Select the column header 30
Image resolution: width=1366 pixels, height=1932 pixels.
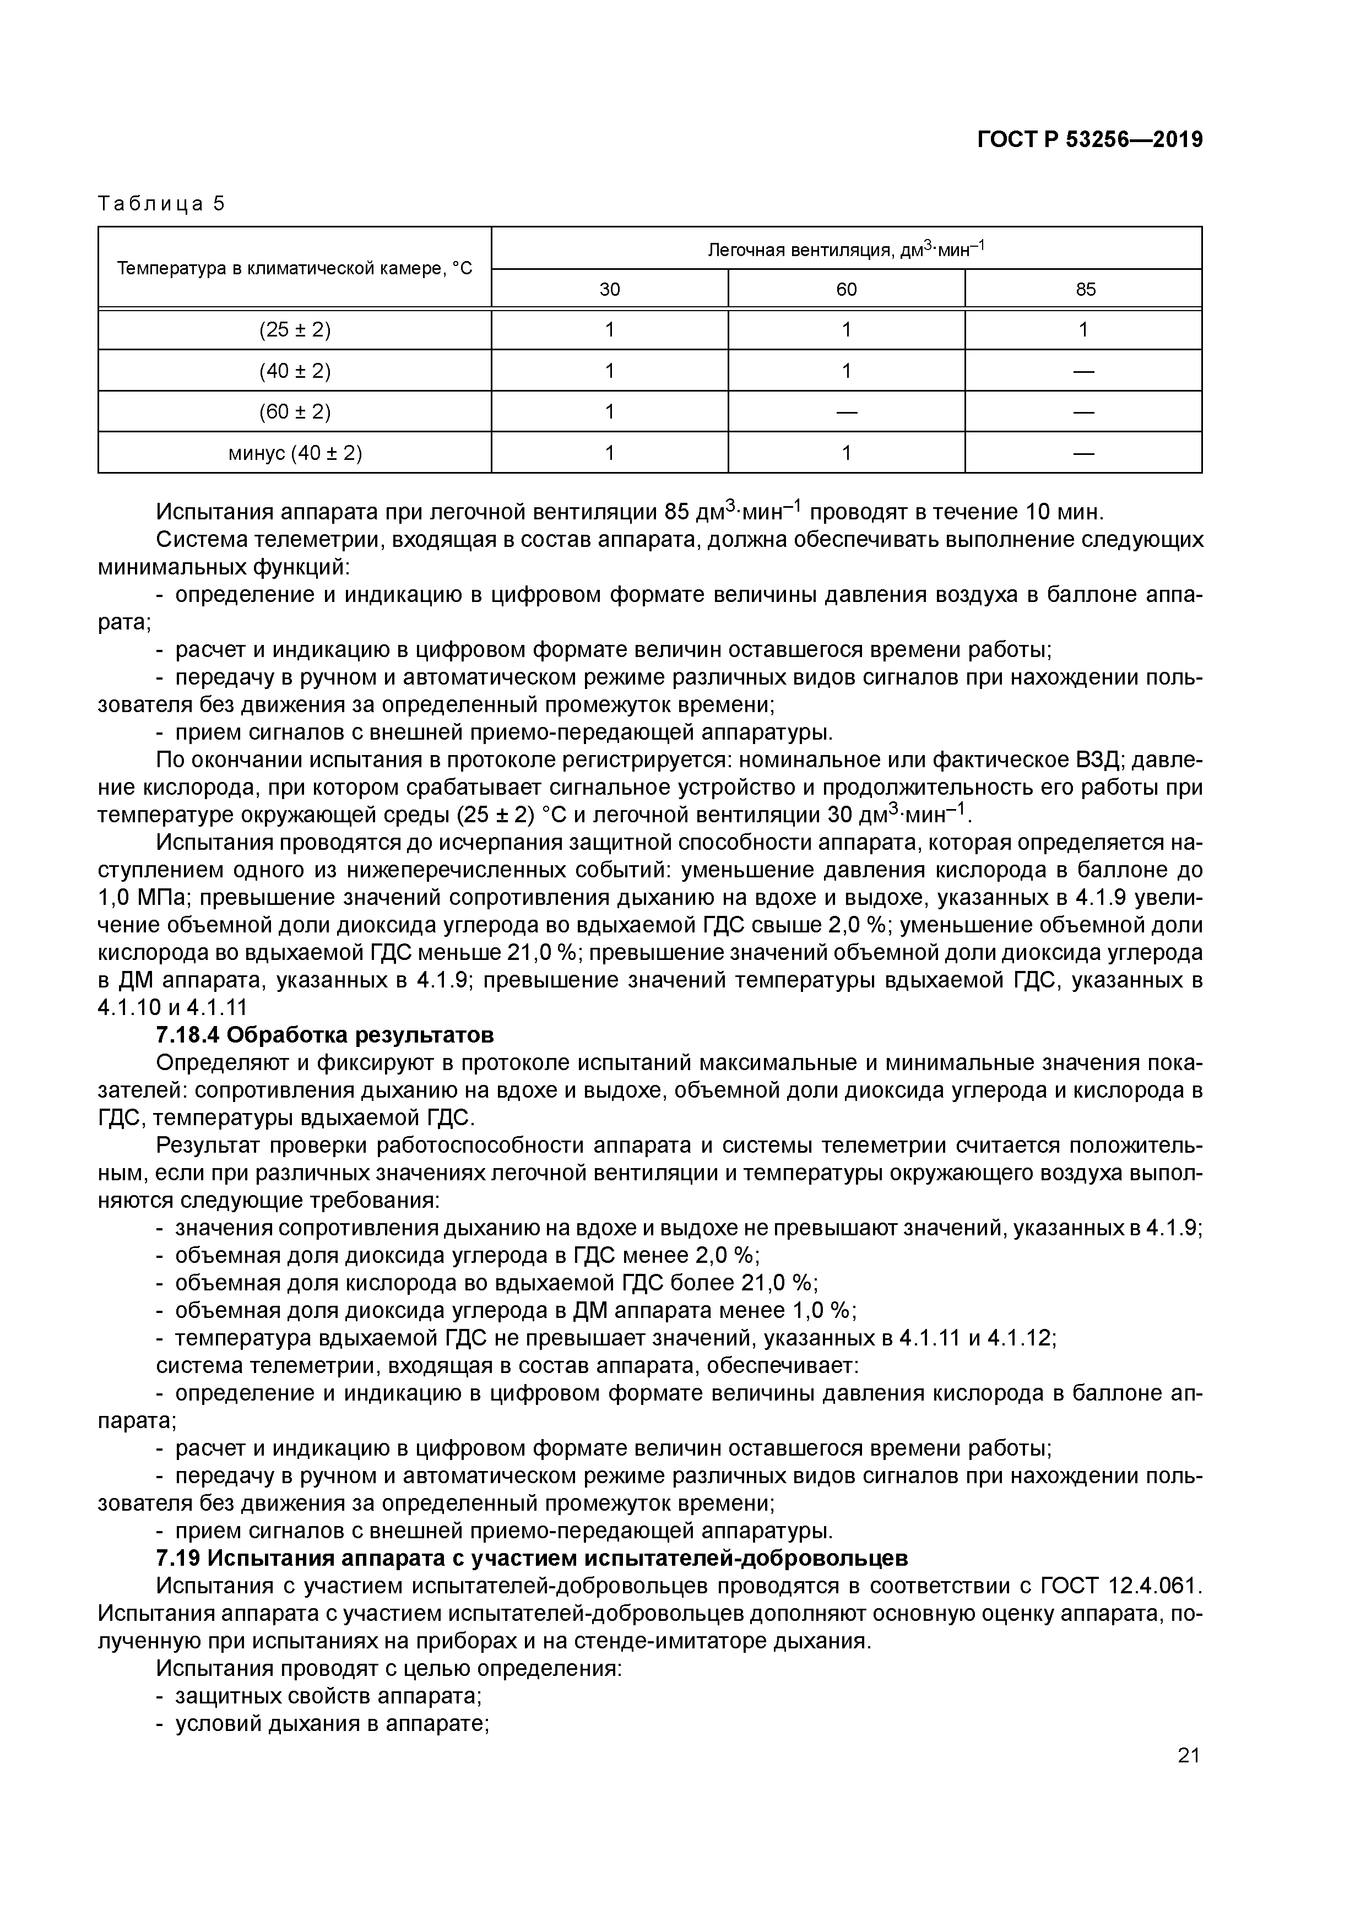pyautogui.click(x=609, y=290)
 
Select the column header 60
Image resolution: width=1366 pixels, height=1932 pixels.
pyautogui.click(x=846, y=290)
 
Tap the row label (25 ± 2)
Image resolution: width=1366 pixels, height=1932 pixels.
pyautogui.click(x=295, y=330)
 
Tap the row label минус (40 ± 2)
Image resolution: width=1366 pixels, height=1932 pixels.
pyautogui.click(x=295, y=454)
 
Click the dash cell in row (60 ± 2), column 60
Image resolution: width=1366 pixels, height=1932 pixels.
pyautogui.click(x=846, y=413)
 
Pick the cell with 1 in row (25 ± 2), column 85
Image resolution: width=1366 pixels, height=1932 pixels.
pyautogui.click(x=1084, y=330)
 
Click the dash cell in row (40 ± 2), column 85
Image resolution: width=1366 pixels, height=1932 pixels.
pyautogui.click(x=1084, y=371)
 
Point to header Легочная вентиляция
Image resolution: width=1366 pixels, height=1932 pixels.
pyautogui.click(x=846, y=249)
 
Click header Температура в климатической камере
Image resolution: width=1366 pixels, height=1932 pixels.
pyautogui.click(x=295, y=268)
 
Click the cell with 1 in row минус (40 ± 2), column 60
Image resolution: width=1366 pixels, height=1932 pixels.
pyautogui.click(x=846, y=454)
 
